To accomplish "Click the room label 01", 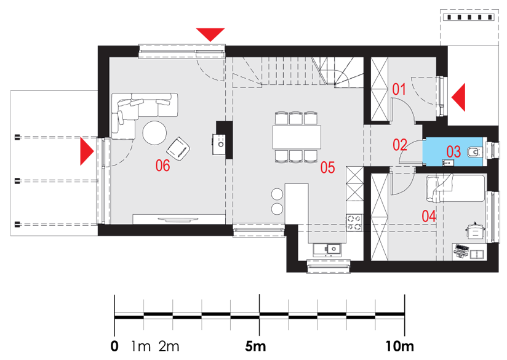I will coord(399,89).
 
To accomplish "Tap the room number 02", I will coord(400,145).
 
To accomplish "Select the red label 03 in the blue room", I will coord(453,151).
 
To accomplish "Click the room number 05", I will coord(327,167).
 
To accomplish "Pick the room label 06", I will coord(162,165).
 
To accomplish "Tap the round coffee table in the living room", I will coord(154,132).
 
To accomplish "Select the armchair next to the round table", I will coord(178,148).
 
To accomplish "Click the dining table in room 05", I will coord(297,137).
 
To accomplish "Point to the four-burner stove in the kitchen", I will coord(356,222).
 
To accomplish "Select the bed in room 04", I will coord(458,188).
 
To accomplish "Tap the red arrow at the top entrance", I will coord(210,34).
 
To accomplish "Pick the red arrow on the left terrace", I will coord(87,151).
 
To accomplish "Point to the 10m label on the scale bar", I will coord(400,346).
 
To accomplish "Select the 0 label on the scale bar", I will coord(114,346).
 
